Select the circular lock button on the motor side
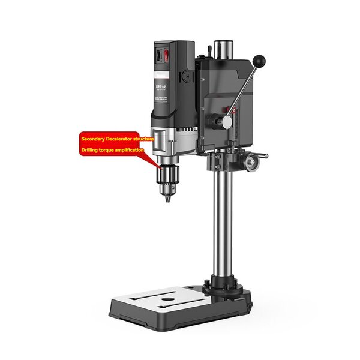pos(188,77)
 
